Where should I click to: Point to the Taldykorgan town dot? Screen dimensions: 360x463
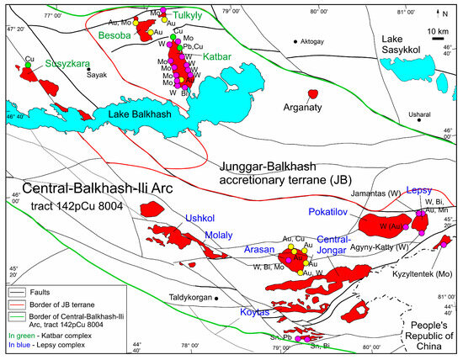tap(217, 297)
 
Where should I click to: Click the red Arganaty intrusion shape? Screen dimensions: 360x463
tap(313, 93)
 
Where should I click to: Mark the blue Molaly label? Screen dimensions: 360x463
tap(216, 235)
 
